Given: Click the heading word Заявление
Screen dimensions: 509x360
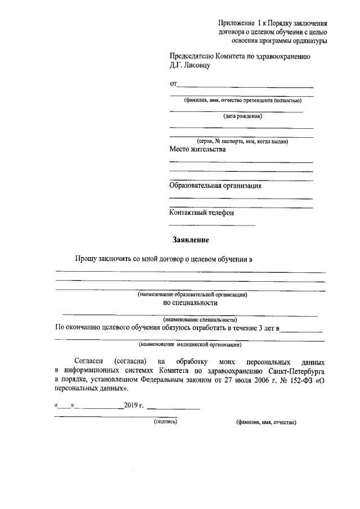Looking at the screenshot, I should [x=191, y=240].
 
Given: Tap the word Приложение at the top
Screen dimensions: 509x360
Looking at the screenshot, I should [x=236, y=23].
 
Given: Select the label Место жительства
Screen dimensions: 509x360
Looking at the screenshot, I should [x=197, y=150].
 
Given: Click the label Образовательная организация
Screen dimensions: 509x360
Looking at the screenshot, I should [x=215, y=186].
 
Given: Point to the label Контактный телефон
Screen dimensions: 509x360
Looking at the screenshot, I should [x=201, y=213].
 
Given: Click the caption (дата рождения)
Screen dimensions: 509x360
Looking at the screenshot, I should [x=242, y=117].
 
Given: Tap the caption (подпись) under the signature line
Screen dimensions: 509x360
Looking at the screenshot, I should [x=165, y=422].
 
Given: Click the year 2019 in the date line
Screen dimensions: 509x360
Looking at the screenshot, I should [x=130, y=405].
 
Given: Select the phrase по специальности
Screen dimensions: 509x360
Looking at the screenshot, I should [x=191, y=303].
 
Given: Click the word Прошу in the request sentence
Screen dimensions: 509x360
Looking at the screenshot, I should [x=87, y=259].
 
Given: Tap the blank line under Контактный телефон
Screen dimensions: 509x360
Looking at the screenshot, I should [x=212, y=225].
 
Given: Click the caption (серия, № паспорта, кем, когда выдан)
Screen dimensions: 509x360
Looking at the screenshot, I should [x=242, y=141].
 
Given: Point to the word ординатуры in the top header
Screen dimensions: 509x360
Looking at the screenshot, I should [x=307, y=41].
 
